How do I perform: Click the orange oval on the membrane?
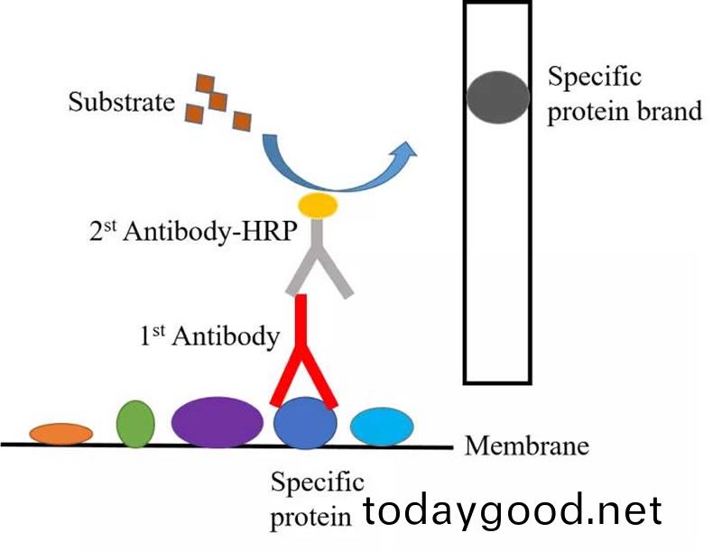click(60, 433)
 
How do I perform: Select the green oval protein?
click(135, 423)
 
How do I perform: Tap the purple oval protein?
click(217, 422)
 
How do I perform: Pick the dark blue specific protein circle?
click(305, 424)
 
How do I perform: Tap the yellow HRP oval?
click(319, 206)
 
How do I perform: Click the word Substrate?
click(121, 102)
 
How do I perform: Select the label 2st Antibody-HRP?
click(187, 232)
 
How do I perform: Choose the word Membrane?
click(526, 445)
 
